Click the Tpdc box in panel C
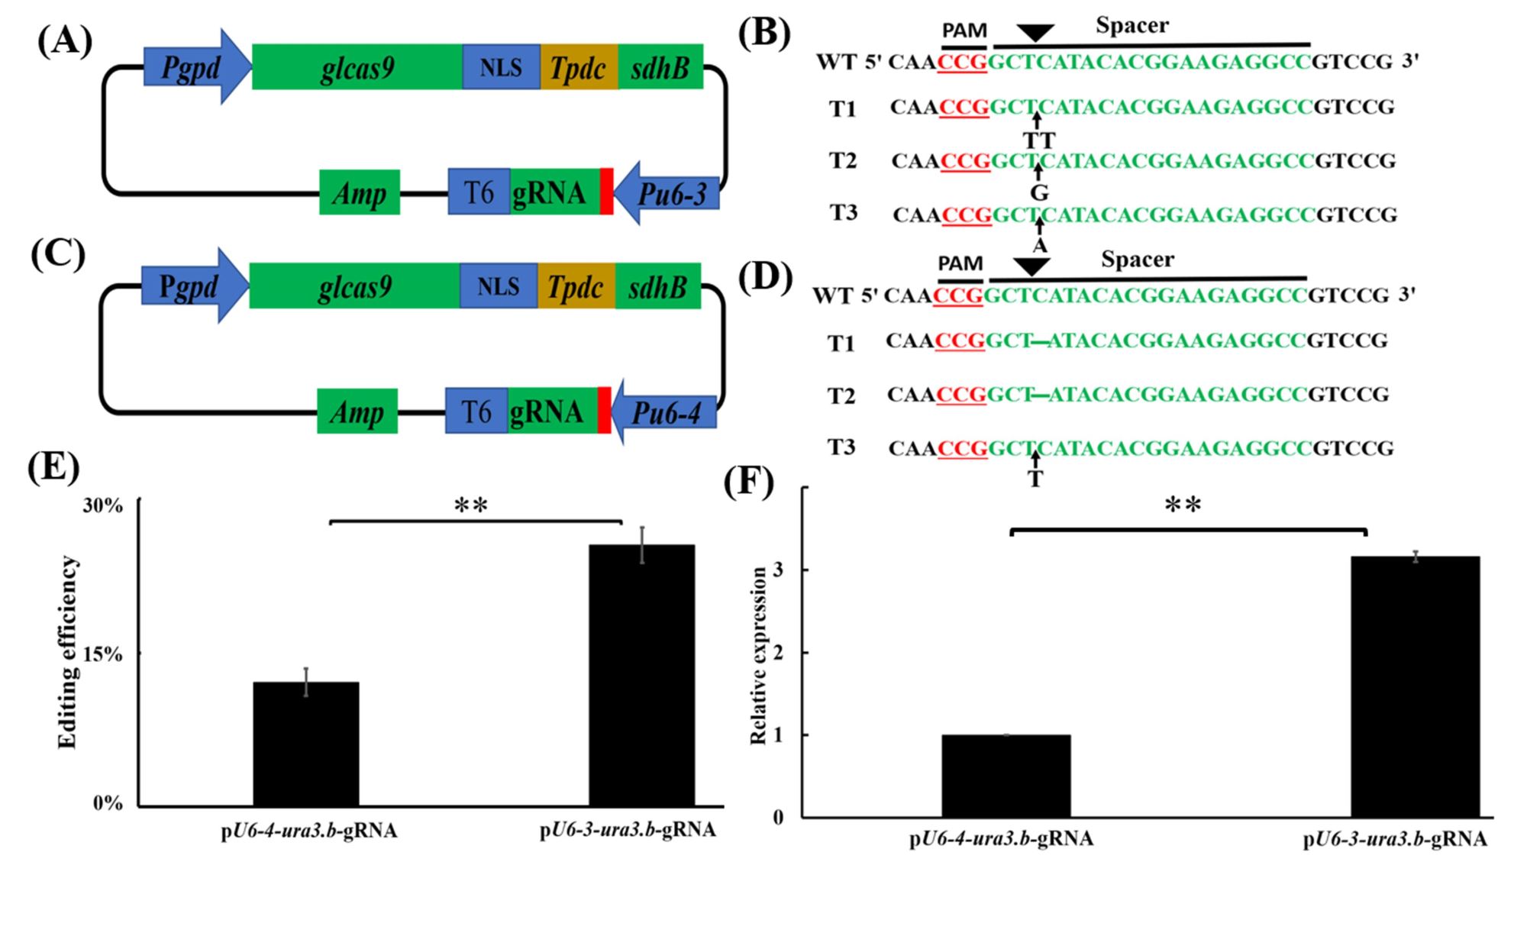576,286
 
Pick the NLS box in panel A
501,67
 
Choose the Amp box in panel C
357,412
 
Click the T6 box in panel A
479,192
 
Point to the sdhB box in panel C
658,286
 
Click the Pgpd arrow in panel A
195,67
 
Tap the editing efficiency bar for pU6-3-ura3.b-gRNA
641,675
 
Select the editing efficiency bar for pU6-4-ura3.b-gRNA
305,744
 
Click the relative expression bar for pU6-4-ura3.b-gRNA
1006,776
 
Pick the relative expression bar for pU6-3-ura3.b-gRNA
1415,686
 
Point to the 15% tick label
102,655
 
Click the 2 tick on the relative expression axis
778,653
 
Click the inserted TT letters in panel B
1039,141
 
